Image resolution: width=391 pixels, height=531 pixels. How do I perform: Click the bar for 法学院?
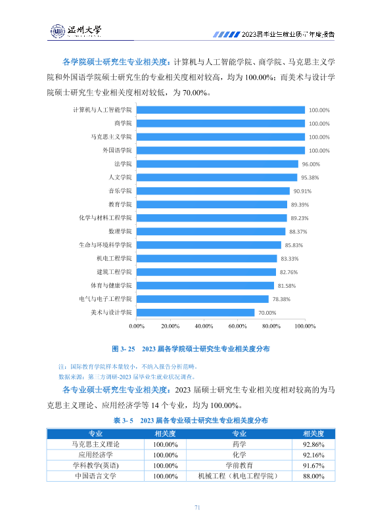click(218, 164)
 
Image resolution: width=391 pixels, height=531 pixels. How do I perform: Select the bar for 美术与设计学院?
click(195, 313)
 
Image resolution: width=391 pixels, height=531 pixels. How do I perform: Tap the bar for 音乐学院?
click(213, 191)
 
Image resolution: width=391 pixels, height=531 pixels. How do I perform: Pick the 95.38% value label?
click(310, 177)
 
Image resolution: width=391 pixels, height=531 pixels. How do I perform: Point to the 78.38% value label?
click(281, 299)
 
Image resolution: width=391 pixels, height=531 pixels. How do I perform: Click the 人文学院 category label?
click(120, 177)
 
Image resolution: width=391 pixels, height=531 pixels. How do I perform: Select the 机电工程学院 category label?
click(114, 258)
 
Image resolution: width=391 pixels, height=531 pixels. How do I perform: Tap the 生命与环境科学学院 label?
click(105, 245)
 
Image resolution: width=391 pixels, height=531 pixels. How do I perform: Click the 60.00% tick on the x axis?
click(237, 326)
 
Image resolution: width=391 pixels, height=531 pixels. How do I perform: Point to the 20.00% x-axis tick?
click(170, 326)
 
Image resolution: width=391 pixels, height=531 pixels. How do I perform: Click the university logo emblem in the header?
click(58, 31)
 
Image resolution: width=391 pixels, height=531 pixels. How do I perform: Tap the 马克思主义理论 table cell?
click(95, 444)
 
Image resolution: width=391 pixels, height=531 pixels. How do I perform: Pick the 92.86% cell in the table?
click(313, 444)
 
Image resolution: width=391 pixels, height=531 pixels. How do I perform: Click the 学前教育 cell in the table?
click(239, 465)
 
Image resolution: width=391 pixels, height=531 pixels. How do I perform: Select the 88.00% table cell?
click(313, 476)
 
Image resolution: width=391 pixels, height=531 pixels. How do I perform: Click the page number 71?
click(197, 507)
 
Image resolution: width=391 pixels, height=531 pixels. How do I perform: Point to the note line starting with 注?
click(128, 367)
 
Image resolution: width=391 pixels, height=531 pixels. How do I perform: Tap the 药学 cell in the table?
click(239, 444)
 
